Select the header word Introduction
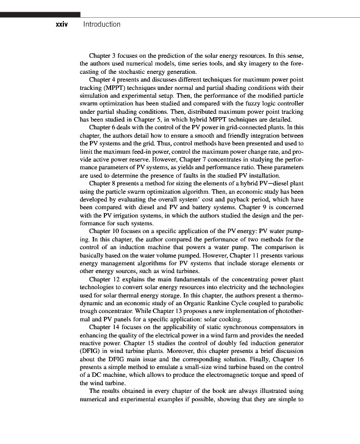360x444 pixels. (101, 24)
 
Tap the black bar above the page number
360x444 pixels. (40, 14)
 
